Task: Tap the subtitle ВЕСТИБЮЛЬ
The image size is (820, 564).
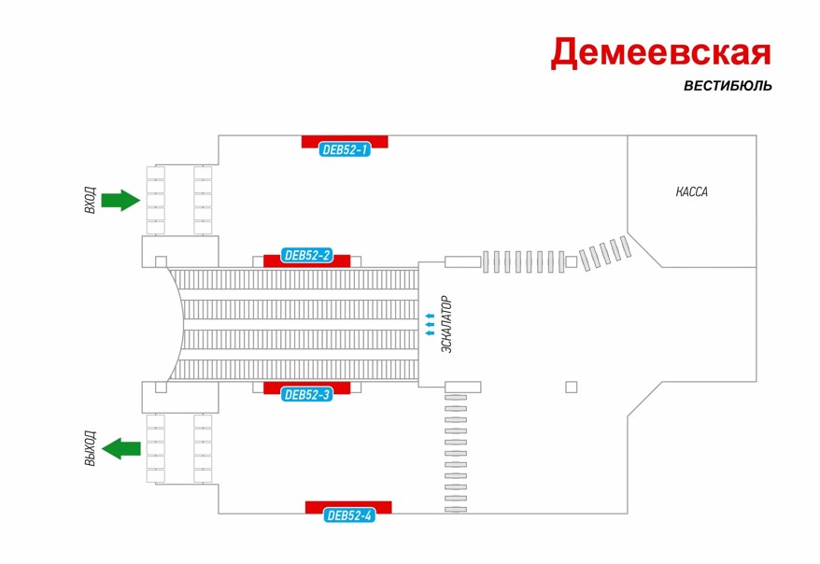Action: tap(727, 86)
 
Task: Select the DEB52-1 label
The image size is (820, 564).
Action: tap(345, 149)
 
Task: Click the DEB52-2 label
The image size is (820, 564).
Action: tap(307, 255)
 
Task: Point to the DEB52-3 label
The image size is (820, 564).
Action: tap(306, 395)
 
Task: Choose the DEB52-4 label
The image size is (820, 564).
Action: tap(349, 515)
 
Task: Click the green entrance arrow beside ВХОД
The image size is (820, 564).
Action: tap(120, 200)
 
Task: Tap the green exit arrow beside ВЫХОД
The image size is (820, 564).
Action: tap(121, 449)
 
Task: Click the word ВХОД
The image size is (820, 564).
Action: tap(90, 200)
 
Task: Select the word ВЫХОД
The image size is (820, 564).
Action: tap(90, 449)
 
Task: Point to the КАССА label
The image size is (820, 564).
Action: tap(692, 192)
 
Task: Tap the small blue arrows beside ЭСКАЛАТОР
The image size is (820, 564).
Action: tap(430, 324)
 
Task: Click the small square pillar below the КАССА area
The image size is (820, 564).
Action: tap(572, 387)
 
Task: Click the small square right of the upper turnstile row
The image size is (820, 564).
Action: tap(571, 262)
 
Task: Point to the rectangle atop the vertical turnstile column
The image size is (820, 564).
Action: tap(462, 387)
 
